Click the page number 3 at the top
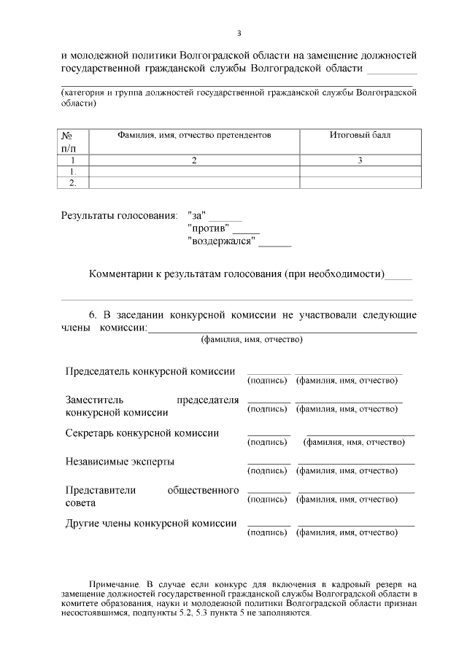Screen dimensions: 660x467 [x=239, y=33]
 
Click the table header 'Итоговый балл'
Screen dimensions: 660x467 [x=360, y=136]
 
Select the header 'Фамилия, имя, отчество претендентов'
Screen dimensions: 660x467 [x=194, y=136]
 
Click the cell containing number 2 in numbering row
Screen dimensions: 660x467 [x=194, y=160]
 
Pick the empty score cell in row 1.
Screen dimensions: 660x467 [x=360, y=171]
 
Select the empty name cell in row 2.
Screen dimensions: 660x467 [x=194, y=183]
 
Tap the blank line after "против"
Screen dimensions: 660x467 [x=246, y=232]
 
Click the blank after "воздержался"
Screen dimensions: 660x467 [x=275, y=244]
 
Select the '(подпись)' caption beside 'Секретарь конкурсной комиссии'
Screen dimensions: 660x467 [x=269, y=442]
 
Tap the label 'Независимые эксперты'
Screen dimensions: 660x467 [x=120, y=462]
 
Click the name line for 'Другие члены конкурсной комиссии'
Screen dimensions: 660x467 [x=356, y=525]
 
